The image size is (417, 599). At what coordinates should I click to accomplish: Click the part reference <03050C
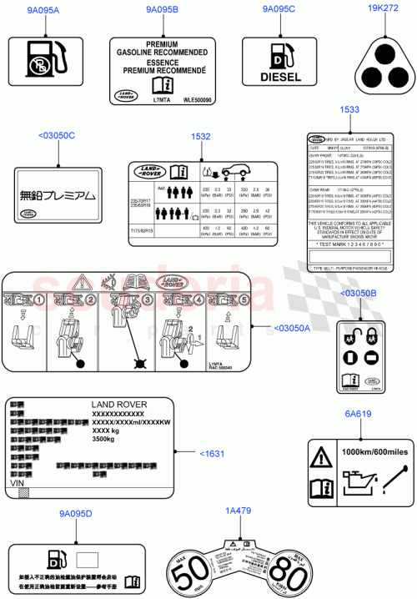pos(57,135)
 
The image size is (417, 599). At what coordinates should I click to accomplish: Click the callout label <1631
pos(212,453)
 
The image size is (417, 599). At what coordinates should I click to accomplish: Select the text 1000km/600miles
pos(371,451)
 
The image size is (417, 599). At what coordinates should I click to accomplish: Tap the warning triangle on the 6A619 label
pos(323,456)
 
